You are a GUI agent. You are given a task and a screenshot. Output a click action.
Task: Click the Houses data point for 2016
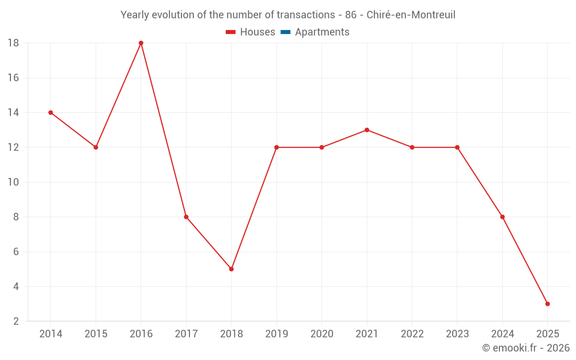[141, 43]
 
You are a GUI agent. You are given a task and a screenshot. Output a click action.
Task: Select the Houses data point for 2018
[232, 269]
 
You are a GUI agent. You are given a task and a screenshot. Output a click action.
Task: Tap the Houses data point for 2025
[547, 304]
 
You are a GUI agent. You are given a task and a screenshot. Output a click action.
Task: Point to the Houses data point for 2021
[367, 130]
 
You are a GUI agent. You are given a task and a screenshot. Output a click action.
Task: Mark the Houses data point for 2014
[51, 113]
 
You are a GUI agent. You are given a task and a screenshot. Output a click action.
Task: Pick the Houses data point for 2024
[502, 217]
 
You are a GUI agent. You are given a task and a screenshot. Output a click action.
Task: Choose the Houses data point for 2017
[186, 217]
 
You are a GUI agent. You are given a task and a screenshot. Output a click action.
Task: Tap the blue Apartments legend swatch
[286, 32]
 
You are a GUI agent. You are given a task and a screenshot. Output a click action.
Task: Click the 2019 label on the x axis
[276, 334]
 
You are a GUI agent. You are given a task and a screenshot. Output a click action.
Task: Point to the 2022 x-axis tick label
[412, 334]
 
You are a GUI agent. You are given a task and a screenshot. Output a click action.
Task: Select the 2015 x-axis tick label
[96, 334]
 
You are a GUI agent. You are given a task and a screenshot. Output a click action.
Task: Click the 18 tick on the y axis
[13, 43]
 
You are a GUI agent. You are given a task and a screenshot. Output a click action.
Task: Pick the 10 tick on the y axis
[13, 183]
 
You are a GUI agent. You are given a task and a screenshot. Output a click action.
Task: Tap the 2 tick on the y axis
[16, 321]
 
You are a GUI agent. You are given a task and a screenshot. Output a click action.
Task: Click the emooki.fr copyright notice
[525, 348]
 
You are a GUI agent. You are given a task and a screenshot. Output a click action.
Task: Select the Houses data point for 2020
[321, 147]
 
